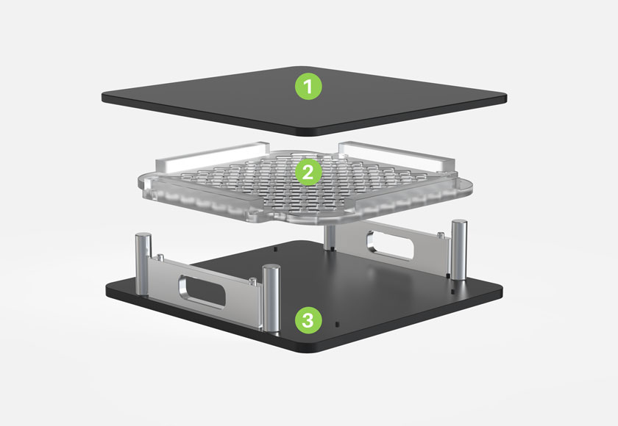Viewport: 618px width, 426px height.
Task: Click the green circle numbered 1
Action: click(308, 86)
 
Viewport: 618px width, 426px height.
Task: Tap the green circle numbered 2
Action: click(308, 173)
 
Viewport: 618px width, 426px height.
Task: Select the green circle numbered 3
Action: click(308, 320)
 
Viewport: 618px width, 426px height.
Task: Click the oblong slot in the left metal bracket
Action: click(202, 292)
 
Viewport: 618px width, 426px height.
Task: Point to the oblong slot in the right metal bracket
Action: click(390, 245)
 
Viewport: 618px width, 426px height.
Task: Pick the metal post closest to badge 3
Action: click(271, 298)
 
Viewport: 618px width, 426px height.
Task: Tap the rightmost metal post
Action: click(459, 250)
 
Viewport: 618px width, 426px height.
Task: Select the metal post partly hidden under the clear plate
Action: click(330, 237)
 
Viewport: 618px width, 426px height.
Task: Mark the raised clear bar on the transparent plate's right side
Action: click(397, 156)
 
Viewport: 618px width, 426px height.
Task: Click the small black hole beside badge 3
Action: click(337, 325)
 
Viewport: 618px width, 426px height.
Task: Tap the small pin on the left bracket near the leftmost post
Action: click(160, 258)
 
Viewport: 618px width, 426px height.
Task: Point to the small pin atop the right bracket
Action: click(441, 235)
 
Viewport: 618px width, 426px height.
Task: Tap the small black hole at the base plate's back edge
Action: click(275, 249)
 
